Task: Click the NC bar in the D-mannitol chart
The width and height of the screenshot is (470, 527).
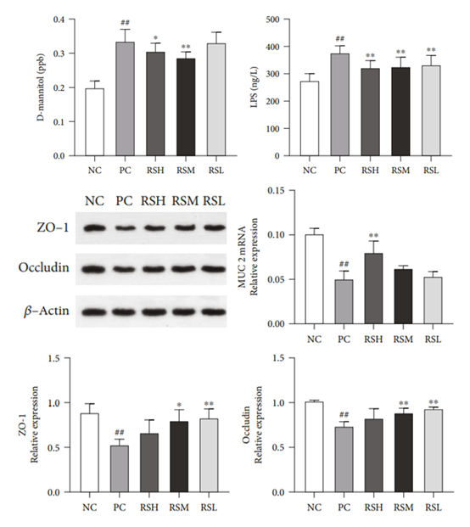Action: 95,122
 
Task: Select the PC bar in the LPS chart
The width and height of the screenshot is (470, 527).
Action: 340,105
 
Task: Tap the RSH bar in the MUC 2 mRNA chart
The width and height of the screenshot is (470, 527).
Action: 373,289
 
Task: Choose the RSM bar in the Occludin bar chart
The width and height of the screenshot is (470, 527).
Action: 404,452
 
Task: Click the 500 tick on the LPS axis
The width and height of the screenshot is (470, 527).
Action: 273,20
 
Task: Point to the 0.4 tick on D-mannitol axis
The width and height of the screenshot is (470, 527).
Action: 59,20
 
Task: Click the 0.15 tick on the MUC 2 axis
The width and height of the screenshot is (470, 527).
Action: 277,190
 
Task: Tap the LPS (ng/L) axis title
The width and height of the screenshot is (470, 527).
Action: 255,88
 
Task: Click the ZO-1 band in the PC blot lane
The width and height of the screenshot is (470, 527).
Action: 126,228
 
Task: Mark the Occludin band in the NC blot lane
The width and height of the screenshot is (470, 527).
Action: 94,269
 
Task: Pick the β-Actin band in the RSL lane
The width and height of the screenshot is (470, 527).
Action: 214,312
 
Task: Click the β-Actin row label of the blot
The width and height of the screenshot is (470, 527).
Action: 47,311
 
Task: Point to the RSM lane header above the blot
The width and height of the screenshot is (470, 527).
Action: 186,201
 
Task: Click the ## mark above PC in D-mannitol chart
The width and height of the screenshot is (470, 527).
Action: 126,23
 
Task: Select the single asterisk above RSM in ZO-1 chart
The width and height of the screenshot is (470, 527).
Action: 179,404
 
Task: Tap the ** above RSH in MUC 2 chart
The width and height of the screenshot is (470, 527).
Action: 373,235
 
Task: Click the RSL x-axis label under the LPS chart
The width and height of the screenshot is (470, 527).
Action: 431,171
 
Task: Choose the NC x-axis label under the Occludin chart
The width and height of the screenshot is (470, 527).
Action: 315,507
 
